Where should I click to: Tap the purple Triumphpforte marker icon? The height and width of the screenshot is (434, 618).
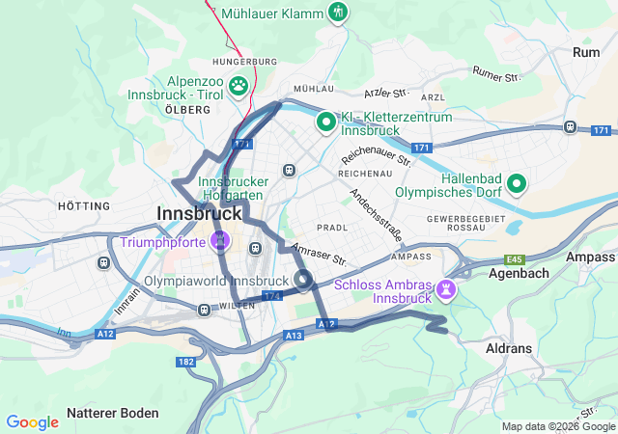[x=221, y=238]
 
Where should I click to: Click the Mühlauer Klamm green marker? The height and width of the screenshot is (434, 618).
[x=337, y=13]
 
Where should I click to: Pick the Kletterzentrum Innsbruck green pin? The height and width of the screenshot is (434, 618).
[x=326, y=122]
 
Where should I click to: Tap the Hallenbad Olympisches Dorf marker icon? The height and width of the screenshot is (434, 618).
[x=517, y=181]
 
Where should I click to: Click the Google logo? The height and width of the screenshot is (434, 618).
[x=33, y=422]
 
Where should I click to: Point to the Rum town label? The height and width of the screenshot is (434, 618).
[x=586, y=53]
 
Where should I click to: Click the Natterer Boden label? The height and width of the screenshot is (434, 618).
[x=113, y=413]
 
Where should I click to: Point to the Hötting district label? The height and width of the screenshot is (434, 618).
[x=84, y=206]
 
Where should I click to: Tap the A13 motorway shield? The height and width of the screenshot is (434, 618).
[x=294, y=335]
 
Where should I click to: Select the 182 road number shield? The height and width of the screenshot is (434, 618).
[x=186, y=361]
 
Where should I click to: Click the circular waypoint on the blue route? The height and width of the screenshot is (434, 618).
[x=303, y=281]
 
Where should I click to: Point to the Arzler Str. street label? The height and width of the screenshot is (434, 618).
[x=387, y=94]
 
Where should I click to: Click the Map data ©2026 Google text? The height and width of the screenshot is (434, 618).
[x=558, y=426]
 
